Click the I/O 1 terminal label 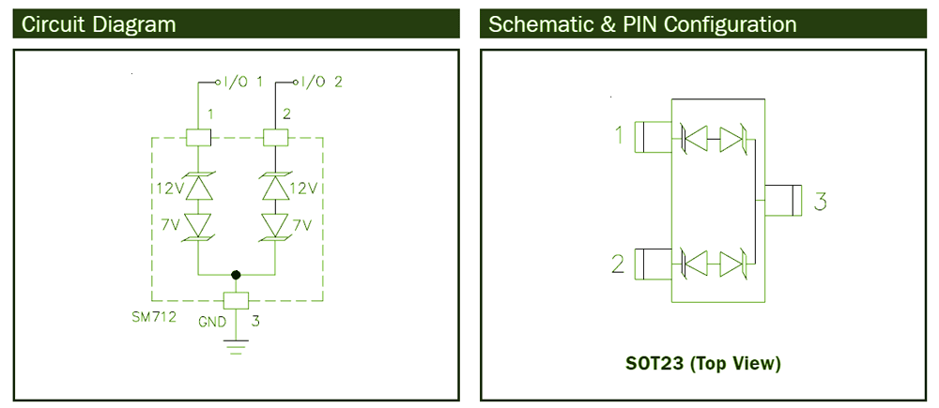(x=243, y=82)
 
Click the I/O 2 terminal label (x=321, y=82)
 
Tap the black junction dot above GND (x=236, y=275)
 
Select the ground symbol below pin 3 (x=237, y=346)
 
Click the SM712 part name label (x=154, y=317)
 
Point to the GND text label (x=212, y=322)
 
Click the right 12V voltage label (x=303, y=189)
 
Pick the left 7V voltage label (x=171, y=225)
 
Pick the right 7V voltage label (x=302, y=225)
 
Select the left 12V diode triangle (x=197, y=188)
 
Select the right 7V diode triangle (x=275, y=225)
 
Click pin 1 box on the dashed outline (x=197, y=138)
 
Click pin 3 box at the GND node (x=236, y=300)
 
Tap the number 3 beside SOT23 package (x=821, y=201)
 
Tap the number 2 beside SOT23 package (x=618, y=264)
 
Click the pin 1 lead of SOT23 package (x=653, y=137)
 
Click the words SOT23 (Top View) (x=703, y=364)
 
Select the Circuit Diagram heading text (x=99, y=24)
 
